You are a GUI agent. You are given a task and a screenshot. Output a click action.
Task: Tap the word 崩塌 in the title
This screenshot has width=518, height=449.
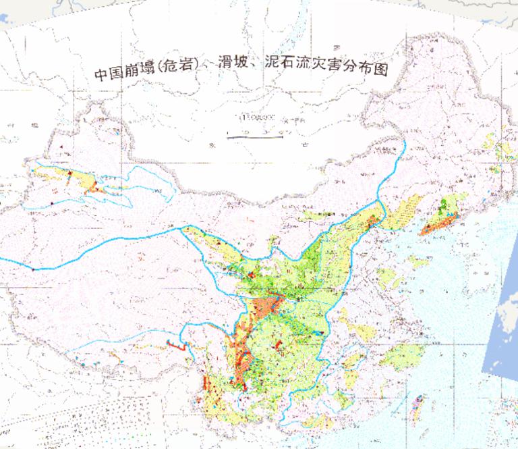pos(136,72)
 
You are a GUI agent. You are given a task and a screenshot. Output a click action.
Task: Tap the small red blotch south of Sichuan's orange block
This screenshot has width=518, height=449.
pos(278,346)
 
